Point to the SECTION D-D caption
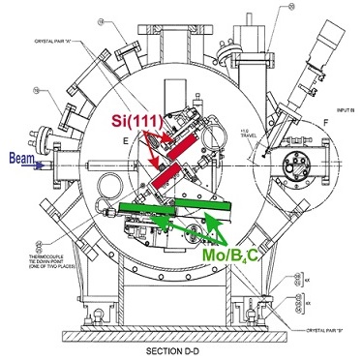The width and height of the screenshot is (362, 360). coord(177,349)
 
